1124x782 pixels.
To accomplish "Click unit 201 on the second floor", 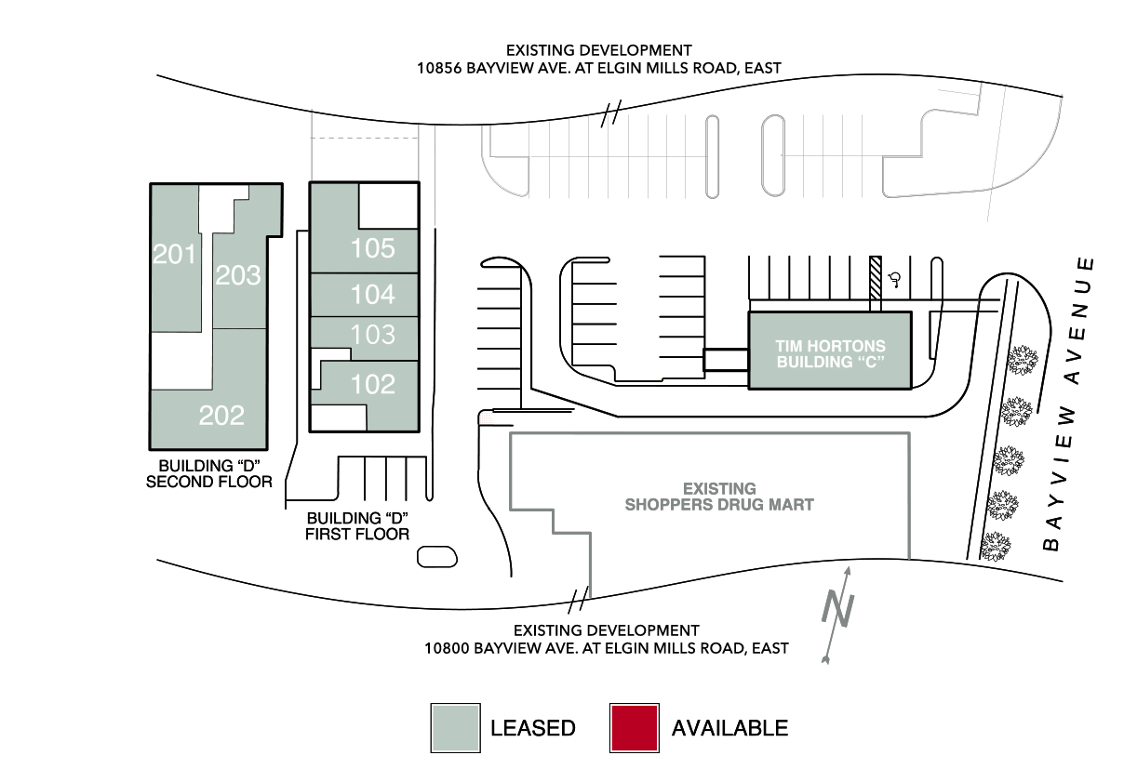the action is [x=174, y=254].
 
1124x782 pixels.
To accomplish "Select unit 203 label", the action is [x=238, y=275].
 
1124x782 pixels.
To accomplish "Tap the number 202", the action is [x=221, y=415].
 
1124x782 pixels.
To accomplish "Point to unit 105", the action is [x=373, y=247].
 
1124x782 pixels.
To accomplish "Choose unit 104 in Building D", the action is [x=373, y=294].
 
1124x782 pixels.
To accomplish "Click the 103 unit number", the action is [x=373, y=334].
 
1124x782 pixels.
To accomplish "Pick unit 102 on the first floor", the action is [x=373, y=384].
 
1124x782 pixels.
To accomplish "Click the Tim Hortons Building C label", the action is [x=830, y=353].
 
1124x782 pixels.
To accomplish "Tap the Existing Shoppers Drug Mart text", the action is [x=719, y=497].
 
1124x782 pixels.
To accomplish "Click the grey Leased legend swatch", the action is [x=456, y=728].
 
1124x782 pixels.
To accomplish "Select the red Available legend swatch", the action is [x=635, y=728].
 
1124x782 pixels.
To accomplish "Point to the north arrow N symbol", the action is [x=837, y=609].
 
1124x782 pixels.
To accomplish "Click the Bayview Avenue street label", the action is [x=1069, y=404].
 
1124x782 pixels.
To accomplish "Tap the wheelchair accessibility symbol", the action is [x=895, y=279].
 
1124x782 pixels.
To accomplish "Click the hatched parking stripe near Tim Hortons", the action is [x=876, y=284].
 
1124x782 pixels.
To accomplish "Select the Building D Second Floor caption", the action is [x=209, y=473].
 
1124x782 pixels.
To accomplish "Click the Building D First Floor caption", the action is [x=357, y=525].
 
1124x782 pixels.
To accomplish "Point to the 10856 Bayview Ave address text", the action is [x=598, y=68].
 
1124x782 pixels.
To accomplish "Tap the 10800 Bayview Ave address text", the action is [x=606, y=648].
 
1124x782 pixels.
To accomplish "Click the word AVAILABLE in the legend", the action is [x=729, y=728].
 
